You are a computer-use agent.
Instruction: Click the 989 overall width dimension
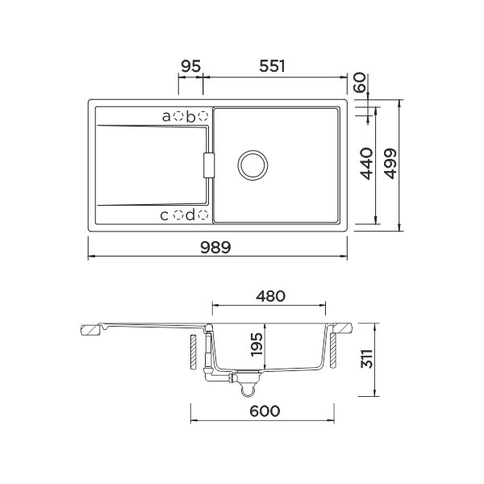click(215, 248)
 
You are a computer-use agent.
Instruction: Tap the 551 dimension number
click(272, 66)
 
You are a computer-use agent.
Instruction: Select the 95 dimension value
click(190, 66)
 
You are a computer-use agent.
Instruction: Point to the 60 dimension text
click(360, 82)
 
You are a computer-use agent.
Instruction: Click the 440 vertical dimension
click(367, 164)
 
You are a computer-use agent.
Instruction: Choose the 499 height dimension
click(390, 164)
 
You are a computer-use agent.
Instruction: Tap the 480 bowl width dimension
click(271, 296)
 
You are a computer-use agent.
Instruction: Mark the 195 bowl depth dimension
click(257, 344)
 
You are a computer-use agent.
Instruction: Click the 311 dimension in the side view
click(367, 359)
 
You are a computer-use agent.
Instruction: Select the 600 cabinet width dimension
click(265, 411)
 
